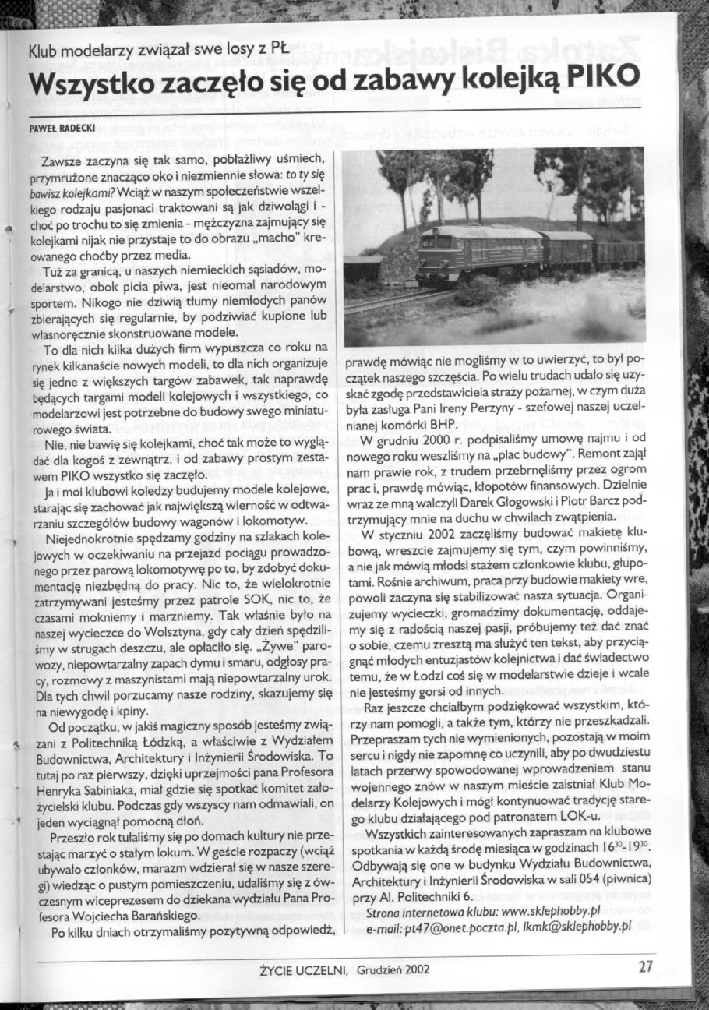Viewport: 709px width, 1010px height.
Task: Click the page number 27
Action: pyautogui.click(x=645, y=967)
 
